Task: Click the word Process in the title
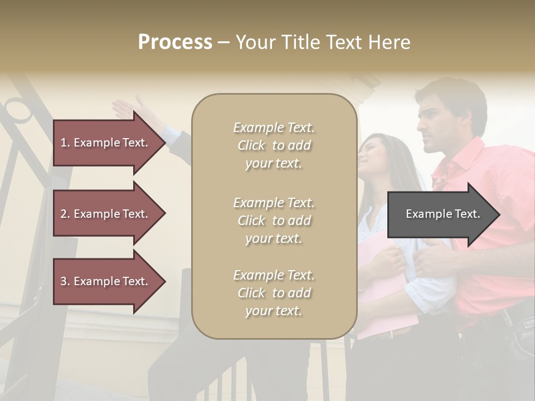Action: click(175, 42)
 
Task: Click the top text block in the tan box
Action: click(274, 145)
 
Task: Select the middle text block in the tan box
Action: click(274, 221)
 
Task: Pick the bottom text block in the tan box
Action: click(274, 293)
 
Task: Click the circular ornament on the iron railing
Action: click(19, 109)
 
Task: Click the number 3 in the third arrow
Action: click(64, 282)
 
